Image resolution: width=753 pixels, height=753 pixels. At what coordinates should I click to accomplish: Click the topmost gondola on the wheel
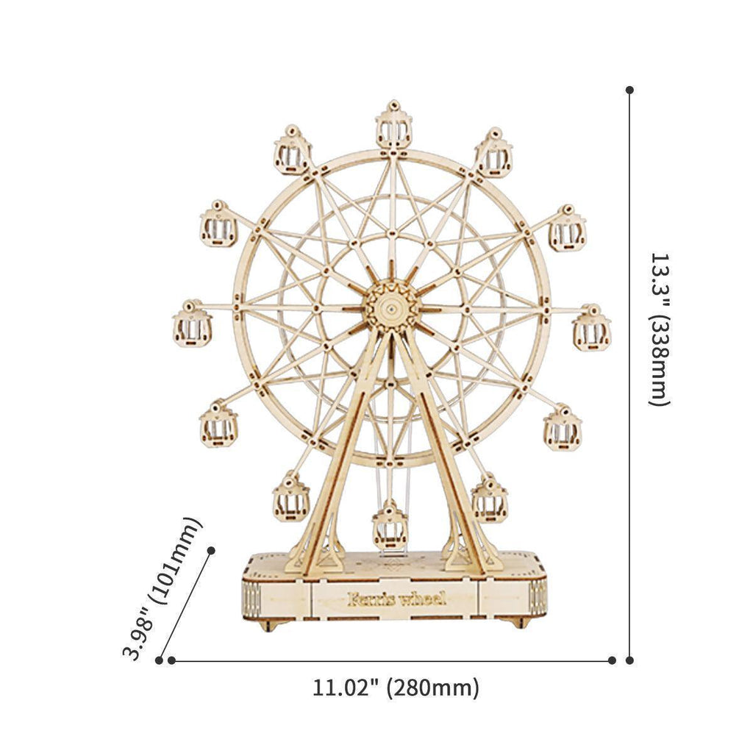393,126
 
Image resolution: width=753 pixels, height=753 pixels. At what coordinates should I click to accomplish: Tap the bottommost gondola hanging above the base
390,525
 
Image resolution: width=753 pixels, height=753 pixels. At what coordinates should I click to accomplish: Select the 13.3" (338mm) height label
660,329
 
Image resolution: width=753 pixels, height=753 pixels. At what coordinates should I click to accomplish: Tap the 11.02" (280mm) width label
396,688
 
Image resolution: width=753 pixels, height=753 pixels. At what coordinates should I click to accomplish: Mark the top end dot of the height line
629,90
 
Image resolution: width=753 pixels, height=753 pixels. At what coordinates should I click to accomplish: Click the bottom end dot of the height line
629,660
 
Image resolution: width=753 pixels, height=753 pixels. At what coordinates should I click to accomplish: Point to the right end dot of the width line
612,660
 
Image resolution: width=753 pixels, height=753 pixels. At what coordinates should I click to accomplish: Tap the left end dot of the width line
171,660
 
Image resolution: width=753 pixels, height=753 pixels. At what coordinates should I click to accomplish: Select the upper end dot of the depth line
211,550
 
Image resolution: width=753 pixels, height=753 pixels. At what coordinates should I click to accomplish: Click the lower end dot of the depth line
159,660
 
